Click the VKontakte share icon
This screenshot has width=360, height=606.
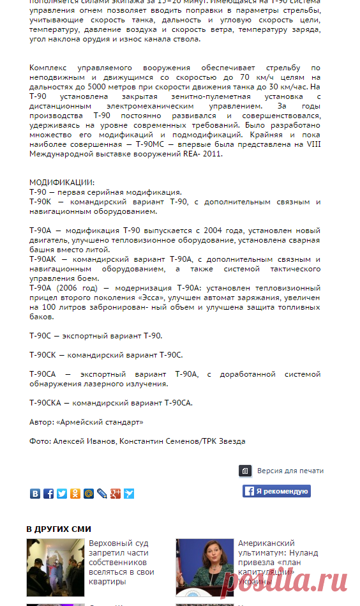pos(35,494)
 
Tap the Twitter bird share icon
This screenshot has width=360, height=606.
pos(62,494)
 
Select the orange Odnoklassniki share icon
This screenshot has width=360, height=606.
pos(75,494)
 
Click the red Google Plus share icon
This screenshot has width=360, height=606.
pos(116,494)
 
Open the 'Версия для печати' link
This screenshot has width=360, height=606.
pos(290,471)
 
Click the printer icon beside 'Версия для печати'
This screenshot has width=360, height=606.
pos(245,471)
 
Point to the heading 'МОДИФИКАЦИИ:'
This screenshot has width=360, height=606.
pos(62,183)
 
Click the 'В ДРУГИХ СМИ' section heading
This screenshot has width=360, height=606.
pos(59,529)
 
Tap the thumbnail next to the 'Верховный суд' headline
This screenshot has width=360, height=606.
pos(55,568)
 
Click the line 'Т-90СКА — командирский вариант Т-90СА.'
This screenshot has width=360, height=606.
pos(111,403)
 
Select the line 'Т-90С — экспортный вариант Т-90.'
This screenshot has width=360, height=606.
pos(96,336)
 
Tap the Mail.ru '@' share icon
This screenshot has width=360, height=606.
pos(89,494)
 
